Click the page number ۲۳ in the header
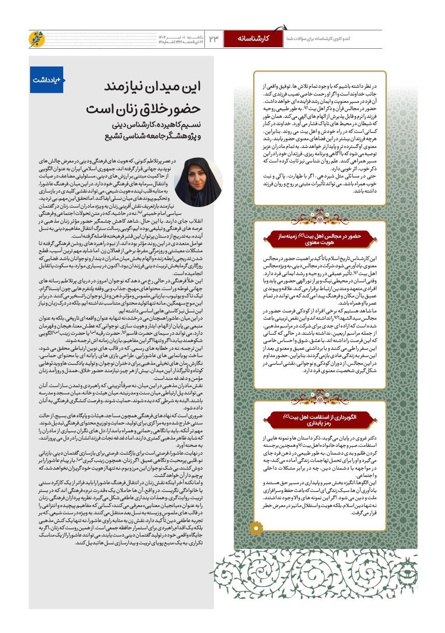(214, 39)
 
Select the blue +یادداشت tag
(47, 80)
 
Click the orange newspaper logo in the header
(37, 39)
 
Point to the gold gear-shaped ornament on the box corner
(256, 528)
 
